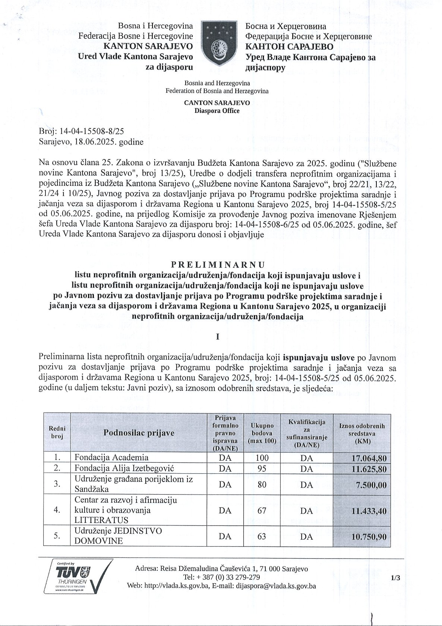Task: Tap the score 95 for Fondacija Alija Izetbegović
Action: tap(262, 468)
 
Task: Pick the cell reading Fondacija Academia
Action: tap(111, 457)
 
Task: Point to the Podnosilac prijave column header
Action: tap(139, 433)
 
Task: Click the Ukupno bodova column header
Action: tap(262, 433)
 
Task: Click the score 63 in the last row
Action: tap(262, 536)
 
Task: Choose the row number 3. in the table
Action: tap(57, 484)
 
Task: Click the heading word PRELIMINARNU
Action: tap(218, 265)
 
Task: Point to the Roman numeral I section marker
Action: tap(218, 336)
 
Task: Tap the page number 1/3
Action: tap(395, 578)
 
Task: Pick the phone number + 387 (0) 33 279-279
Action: tap(221, 577)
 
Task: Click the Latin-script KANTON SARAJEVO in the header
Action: tap(148, 46)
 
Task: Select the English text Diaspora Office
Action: tap(217, 111)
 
